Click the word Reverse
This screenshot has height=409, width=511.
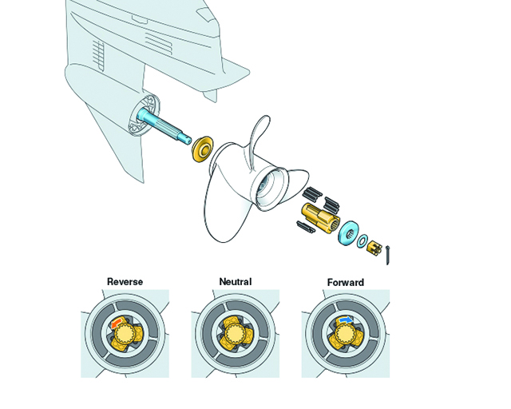coord(125,282)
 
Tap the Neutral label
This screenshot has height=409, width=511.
coord(236,282)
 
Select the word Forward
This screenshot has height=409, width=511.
coord(345,283)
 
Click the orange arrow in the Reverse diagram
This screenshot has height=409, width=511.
coord(117,323)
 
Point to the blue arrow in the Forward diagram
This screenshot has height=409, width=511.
coord(345,320)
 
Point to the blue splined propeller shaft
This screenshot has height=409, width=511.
coord(164,128)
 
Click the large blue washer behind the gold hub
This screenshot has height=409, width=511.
coord(348,233)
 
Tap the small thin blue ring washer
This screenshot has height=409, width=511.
coord(363,241)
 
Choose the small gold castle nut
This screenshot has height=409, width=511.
coord(374,247)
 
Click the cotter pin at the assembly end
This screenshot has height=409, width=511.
coord(389,256)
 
